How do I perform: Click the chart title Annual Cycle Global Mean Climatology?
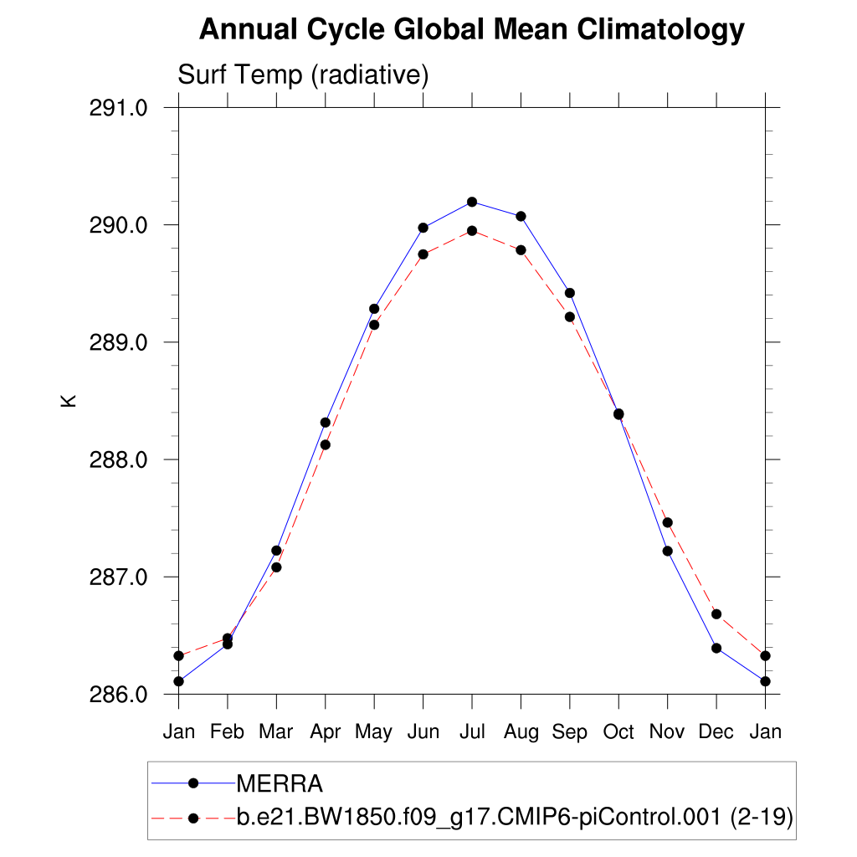point(471,30)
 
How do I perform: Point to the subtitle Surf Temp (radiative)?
point(303,75)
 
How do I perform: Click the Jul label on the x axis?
point(472,732)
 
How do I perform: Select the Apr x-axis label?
point(325,732)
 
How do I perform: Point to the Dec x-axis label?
point(716,732)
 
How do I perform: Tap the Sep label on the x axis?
point(570,732)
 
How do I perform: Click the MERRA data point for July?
point(472,202)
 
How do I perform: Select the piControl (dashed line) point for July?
point(472,231)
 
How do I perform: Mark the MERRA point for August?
point(521,216)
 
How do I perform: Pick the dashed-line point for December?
point(716,614)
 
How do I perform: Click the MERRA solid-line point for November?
point(667,551)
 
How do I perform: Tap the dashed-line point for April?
point(325,444)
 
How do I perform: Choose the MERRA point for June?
point(423,228)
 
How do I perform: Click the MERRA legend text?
point(280,784)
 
